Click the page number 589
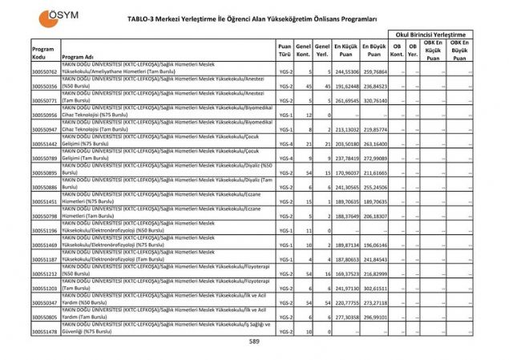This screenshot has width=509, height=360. [x=253, y=342]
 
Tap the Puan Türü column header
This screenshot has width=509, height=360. [x=285, y=52]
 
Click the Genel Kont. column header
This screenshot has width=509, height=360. [x=303, y=52]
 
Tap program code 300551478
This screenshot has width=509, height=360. [x=44, y=331]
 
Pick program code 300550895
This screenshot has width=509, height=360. [x=44, y=172]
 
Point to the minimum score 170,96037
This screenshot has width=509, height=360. [x=345, y=172]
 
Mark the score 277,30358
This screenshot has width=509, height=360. [x=345, y=317]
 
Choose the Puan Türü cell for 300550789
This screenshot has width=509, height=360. [x=285, y=158]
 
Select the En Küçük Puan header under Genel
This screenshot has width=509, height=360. [x=345, y=52]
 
